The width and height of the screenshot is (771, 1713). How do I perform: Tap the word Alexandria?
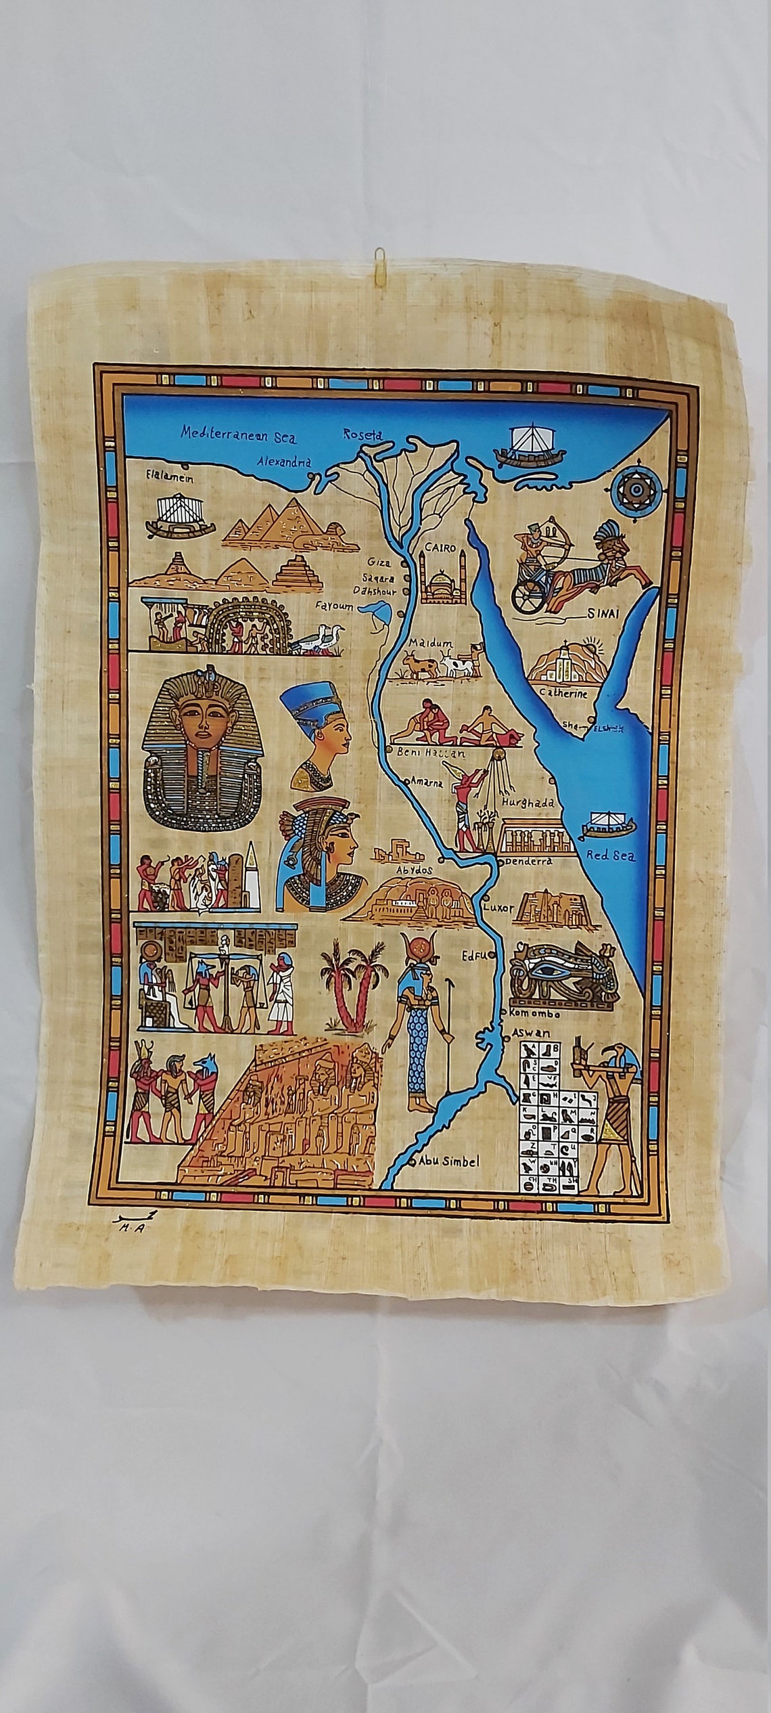pyautogui.click(x=285, y=463)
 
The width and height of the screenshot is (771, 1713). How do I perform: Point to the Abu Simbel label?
pyautogui.click(x=448, y=1161)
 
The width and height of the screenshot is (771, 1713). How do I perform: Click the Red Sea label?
pyautogui.click(x=611, y=855)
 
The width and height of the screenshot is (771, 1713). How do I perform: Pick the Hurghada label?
pyautogui.click(x=528, y=802)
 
